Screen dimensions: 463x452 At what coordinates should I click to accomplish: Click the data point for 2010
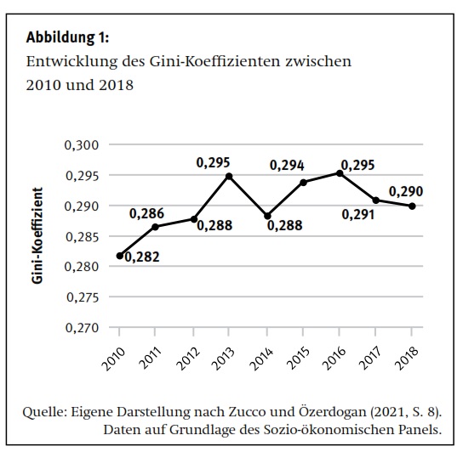point(120,256)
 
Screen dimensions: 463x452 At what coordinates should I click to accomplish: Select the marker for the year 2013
point(229,177)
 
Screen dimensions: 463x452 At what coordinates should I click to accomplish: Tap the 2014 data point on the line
point(267,216)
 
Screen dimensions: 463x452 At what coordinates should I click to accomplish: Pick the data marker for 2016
point(340,173)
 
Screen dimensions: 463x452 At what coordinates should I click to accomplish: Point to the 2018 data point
point(412,206)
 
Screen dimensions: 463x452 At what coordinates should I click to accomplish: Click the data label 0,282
point(142,257)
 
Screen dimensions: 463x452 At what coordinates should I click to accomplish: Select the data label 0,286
point(146,214)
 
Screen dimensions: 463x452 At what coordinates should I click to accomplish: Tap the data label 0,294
point(287,166)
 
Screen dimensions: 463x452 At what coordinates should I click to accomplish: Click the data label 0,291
point(358,215)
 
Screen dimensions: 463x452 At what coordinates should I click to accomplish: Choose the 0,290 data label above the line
point(406,192)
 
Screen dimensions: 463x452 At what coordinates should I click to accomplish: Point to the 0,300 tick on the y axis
point(82,145)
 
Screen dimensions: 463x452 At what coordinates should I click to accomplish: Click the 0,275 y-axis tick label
point(83,297)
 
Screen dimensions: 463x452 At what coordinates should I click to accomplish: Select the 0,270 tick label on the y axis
point(82,328)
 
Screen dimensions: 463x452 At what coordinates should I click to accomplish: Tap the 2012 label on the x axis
point(188,359)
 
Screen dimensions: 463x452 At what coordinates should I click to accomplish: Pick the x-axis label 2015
point(298,359)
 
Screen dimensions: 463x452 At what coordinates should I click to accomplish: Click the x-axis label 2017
point(370,359)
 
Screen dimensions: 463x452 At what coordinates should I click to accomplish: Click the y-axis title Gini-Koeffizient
point(37,235)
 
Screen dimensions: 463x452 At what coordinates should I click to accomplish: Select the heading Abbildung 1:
point(67,37)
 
